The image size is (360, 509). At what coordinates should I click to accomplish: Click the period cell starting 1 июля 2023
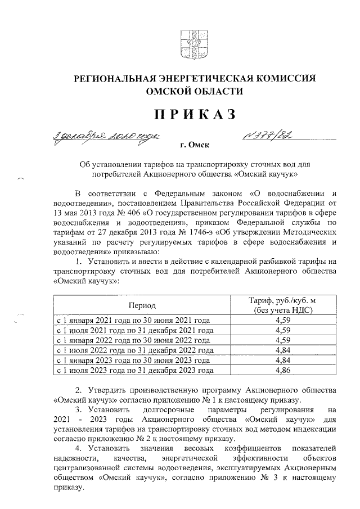[134, 371]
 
